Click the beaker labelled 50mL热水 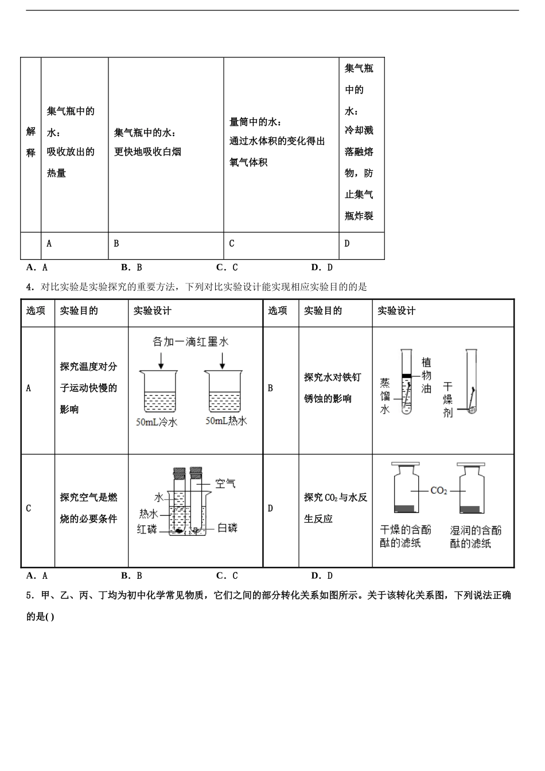[x=225, y=391]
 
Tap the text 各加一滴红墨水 [x=190, y=342]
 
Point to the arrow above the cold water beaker [x=161, y=360]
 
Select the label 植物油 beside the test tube [x=426, y=376]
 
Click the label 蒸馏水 [x=385, y=396]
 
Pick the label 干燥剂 [x=447, y=399]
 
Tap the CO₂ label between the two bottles [x=438, y=491]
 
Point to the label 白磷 [x=227, y=528]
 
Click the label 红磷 [x=147, y=529]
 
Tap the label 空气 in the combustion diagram [x=225, y=484]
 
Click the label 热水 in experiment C [x=149, y=513]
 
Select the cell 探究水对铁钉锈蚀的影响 [x=333, y=388]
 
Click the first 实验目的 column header [x=79, y=311]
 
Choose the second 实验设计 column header [x=396, y=311]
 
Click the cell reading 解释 [x=31, y=142]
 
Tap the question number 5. [x=29, y=595]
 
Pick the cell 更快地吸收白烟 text [x=148, y=152]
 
